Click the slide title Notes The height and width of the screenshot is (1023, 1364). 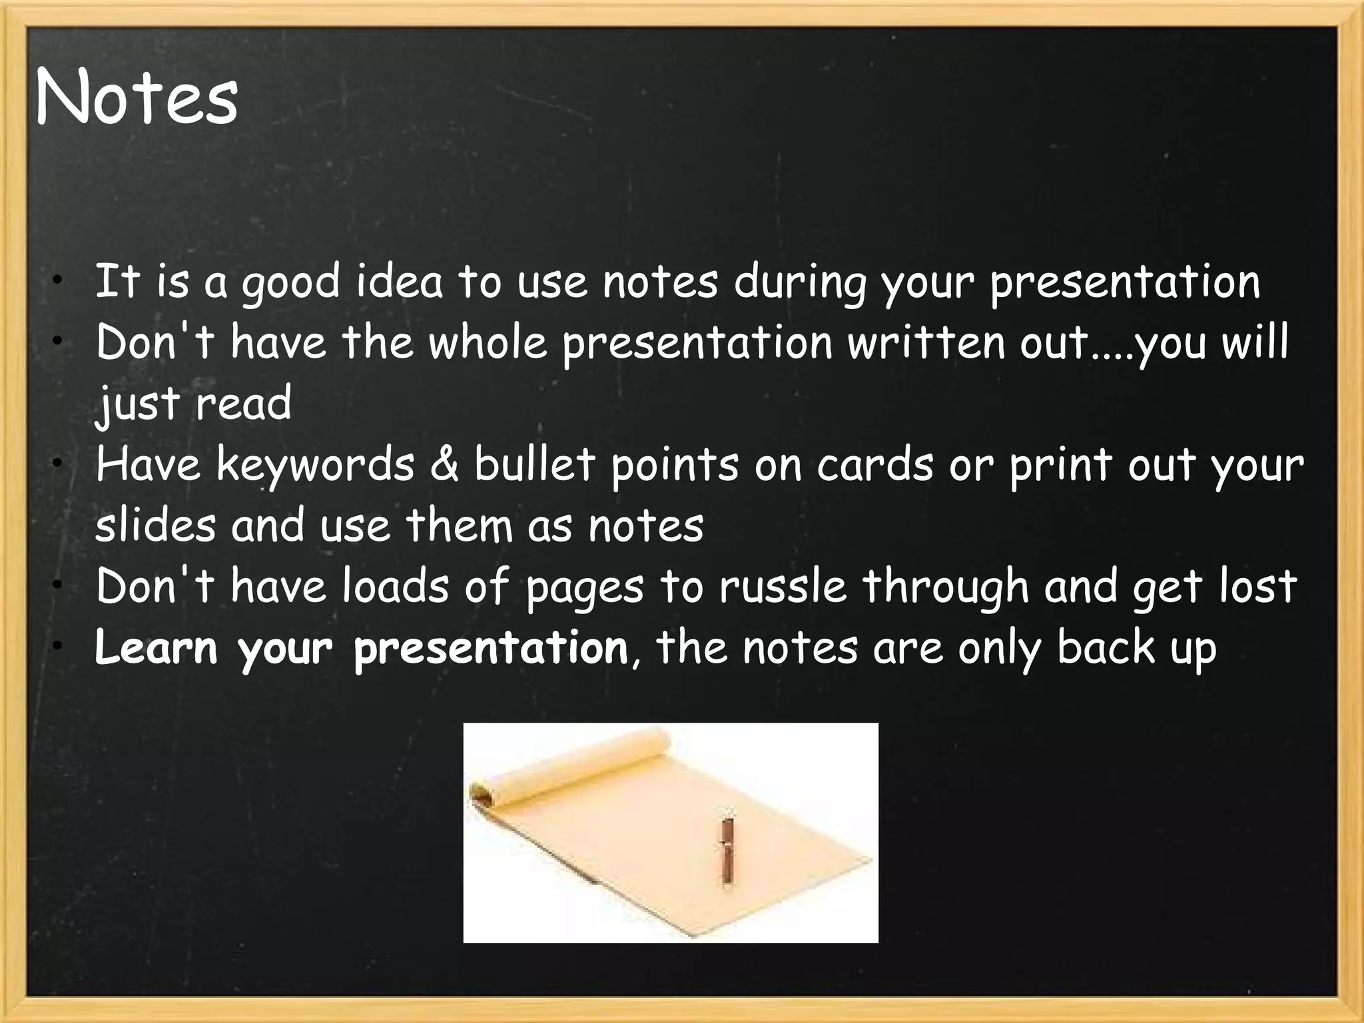(x=137, y=99)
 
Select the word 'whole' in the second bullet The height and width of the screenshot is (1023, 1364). (x=487, y=343)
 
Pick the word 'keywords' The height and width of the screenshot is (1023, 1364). (x=315, y=465)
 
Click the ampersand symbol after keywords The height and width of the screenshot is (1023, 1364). (x=444, y=464)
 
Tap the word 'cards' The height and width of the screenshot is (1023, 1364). (x=875, y=465)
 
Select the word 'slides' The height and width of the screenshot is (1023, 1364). (x=155, y=525)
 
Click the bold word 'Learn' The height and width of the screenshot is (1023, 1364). (x=156, y=647)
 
